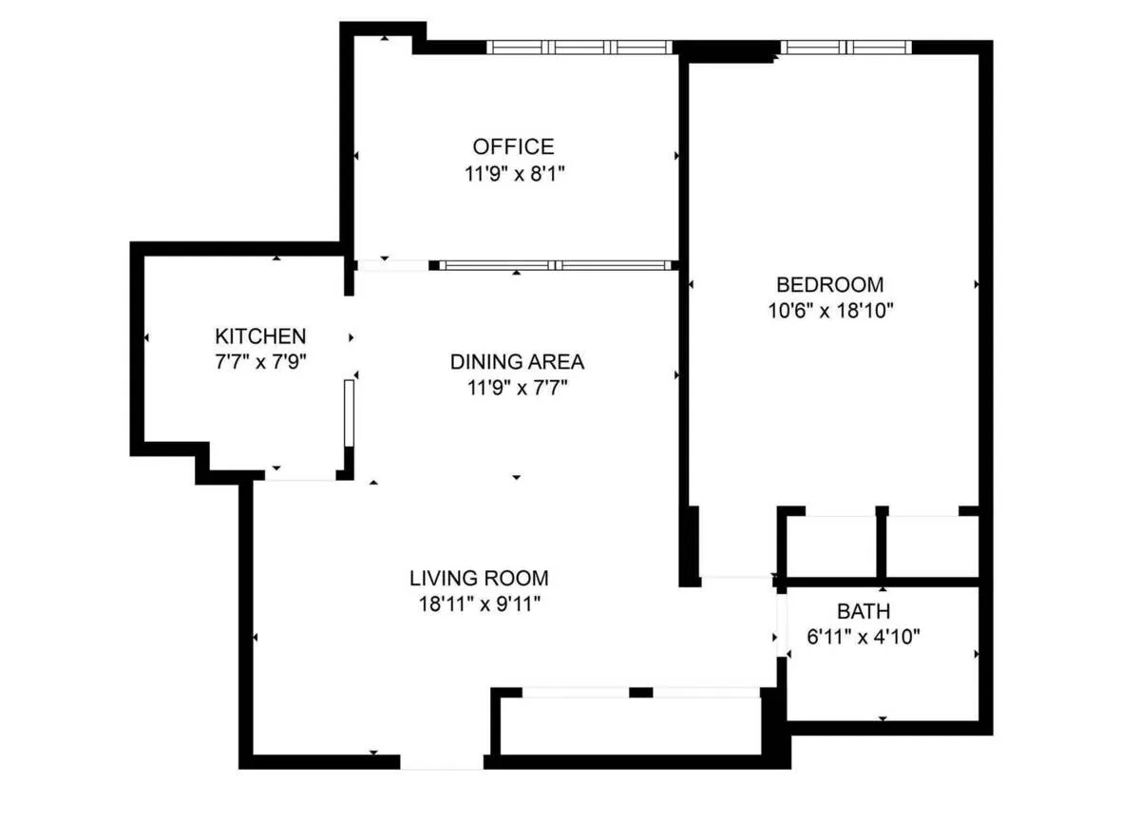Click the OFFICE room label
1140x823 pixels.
pos(513,146)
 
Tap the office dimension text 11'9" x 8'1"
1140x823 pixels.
pos(513,174)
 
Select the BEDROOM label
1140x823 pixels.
pos(829,283)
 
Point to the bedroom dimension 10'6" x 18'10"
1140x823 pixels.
pos(829,310)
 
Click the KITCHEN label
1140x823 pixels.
pos(260,335)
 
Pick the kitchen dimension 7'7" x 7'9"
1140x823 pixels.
pos(260,361)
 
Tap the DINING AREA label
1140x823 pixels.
pos(517,361)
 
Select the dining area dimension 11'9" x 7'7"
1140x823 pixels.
pos(517,387)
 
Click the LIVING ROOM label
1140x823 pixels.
pos(479,577)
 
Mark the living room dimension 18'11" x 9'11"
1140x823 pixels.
pos(479,603)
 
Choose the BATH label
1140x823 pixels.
pos(864,610)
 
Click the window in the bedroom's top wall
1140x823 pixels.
pos(845,47)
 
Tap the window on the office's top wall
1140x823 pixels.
pos(579,47)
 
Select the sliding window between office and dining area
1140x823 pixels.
pos(556,265)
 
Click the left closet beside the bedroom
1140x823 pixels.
pos(831,546)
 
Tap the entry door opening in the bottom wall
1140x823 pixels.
pos(442,762)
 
